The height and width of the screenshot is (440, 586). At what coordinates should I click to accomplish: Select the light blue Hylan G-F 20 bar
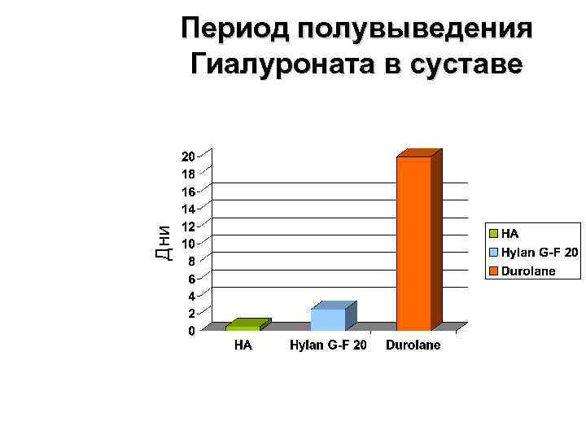click(x=328, y=319)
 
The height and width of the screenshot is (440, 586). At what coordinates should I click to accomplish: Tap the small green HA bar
click(x=243, y=327)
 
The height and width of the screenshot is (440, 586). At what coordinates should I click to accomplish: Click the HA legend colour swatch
click(x=493, y=234)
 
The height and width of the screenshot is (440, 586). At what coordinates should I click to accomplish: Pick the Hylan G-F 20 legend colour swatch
click(x=493, y=253)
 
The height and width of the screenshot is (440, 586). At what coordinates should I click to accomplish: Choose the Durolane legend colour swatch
click(x=493, y=271)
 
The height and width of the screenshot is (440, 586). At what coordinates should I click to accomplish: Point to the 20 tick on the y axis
click(x=188, y=156)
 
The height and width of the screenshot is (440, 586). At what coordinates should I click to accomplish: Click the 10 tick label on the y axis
click(x=188, y=244)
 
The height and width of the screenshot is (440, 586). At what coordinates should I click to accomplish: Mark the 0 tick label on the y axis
click(x=191, y=331)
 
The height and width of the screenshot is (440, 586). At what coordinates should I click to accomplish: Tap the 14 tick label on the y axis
click(x=188, y=209)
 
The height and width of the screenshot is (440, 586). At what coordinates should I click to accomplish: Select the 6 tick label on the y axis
click(x=191, y=279)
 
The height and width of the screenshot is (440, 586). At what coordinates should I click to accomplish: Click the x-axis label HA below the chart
click(x=243, y=345)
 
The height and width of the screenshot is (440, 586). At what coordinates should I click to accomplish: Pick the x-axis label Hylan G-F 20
click(x=328, y=345)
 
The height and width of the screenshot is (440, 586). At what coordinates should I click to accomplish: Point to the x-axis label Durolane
click(x=413, y=345)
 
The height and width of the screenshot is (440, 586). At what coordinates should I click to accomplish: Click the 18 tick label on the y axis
click(x=188, y=174)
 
